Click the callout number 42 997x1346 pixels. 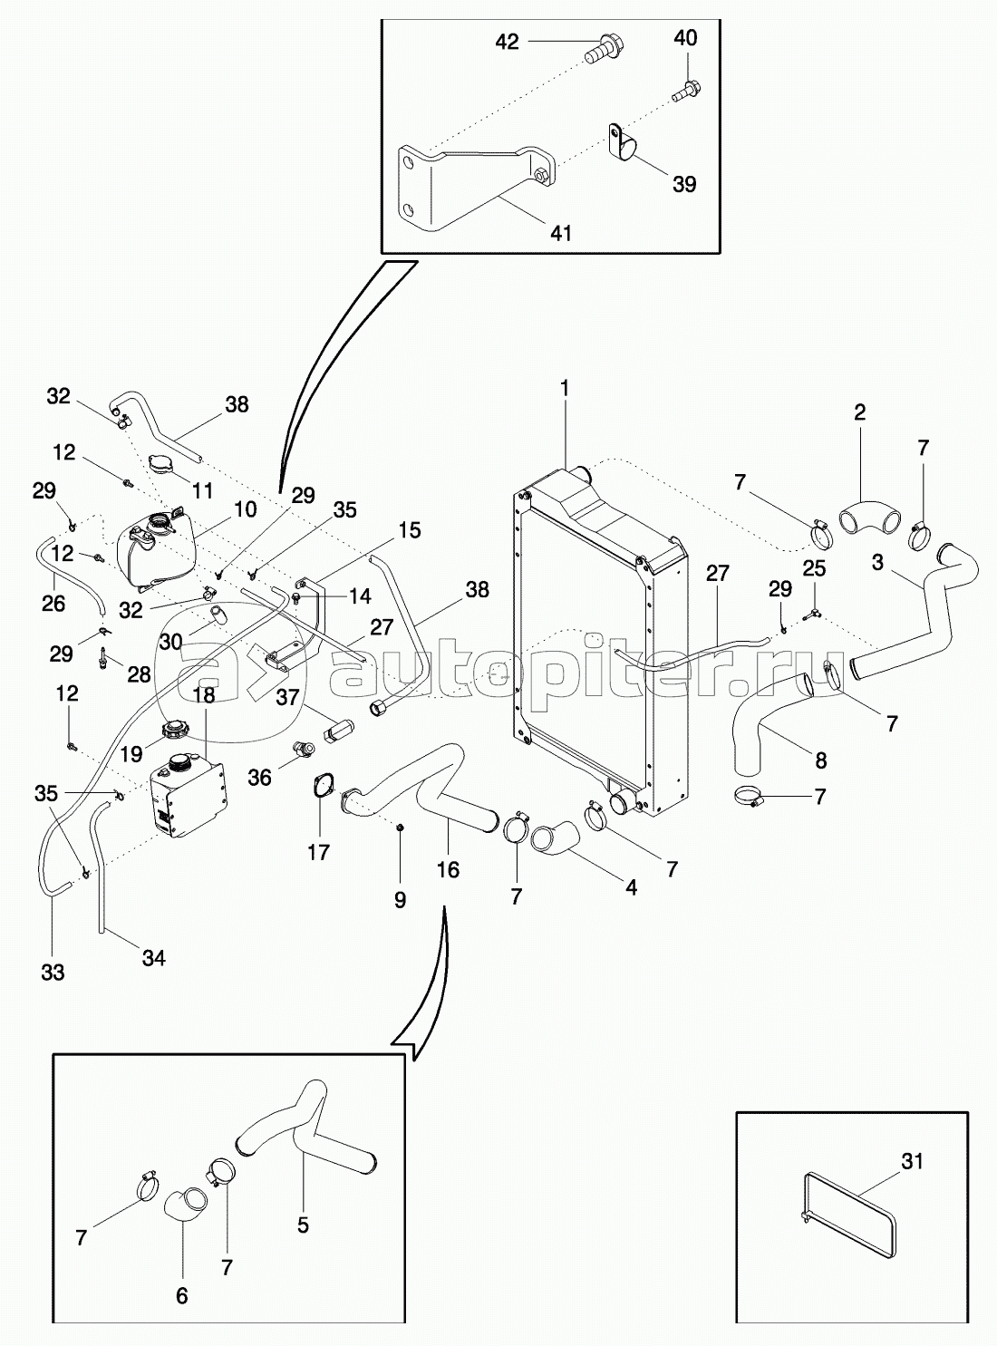tap(508, 42)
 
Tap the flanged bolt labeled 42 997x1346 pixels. tap(605, 50)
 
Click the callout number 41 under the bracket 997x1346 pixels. tap(560, 232)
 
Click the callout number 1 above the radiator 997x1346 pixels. tap(565, 388)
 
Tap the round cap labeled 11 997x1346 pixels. tap(163, 464)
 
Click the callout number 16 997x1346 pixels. tap(448, 870)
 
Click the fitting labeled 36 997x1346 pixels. tap(303, 750)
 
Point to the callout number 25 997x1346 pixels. tap(814, 568)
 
